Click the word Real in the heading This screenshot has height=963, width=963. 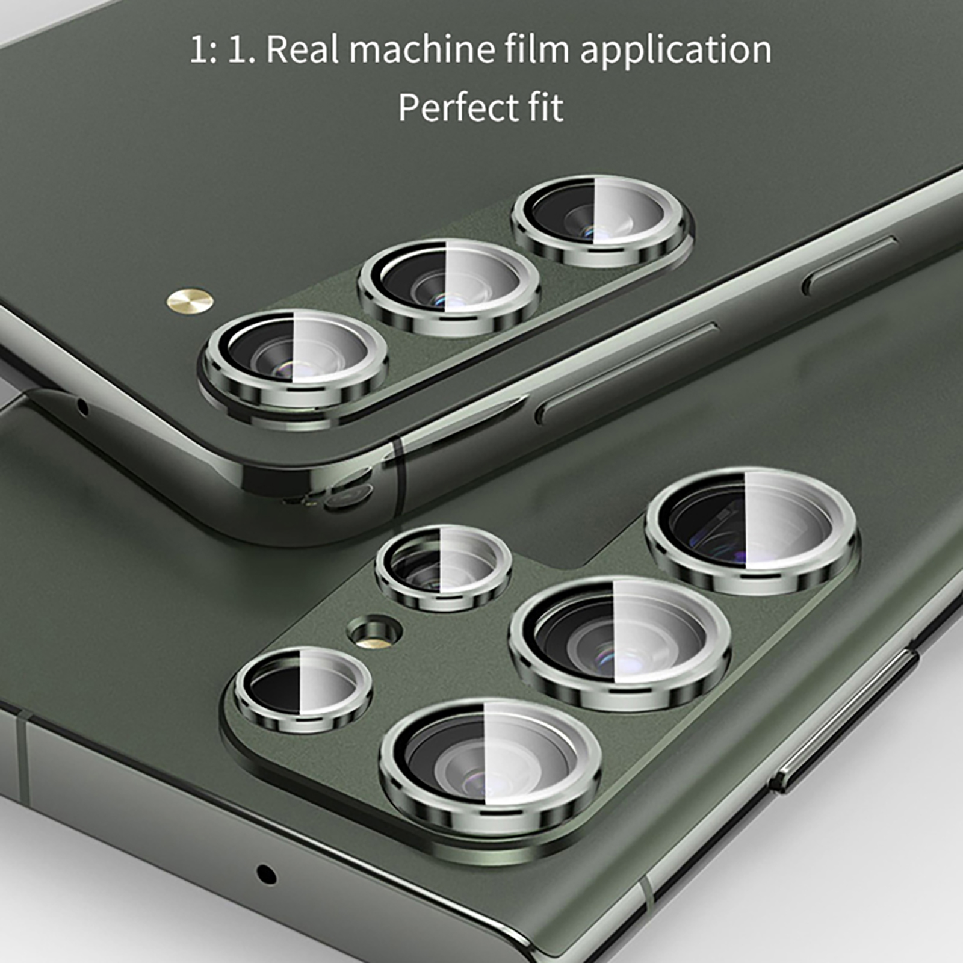[x=303, y=49]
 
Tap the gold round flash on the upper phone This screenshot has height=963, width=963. [x=191, y=299]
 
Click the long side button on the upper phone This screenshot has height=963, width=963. [x=626, y=373]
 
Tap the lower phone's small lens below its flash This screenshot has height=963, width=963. [x=303, y=689]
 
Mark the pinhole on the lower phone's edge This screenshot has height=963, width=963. [x=265, y=874]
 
